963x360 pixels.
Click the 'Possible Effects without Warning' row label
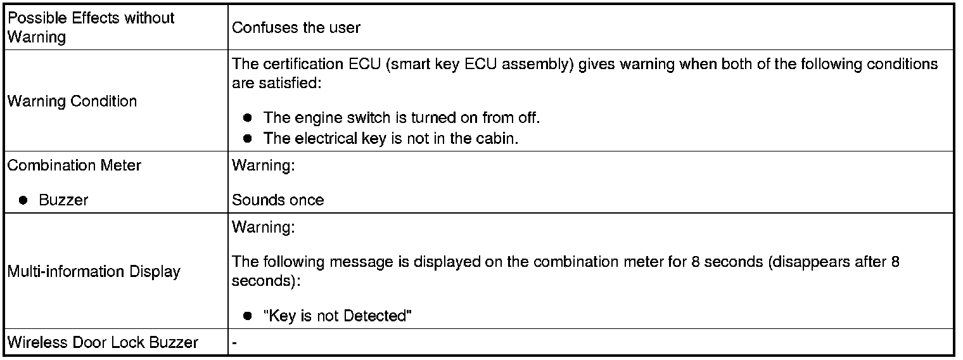(x=91, y=27)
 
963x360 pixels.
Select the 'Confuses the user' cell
(x=296, y=28)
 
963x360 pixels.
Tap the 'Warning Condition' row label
(x=72, y=101)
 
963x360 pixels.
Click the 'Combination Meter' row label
(x=74, y=165)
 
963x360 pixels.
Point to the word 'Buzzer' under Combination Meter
(x=63, y=200)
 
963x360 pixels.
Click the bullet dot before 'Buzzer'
(x=23, y=200)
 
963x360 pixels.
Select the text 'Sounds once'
(x=277, y=200)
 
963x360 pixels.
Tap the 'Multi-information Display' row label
(x=94, y=272)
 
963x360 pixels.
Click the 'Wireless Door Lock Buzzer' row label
(x=103, y=343)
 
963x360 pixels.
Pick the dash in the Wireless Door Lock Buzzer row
(x=234, y=343)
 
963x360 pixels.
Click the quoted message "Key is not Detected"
(x=338, y=316)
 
